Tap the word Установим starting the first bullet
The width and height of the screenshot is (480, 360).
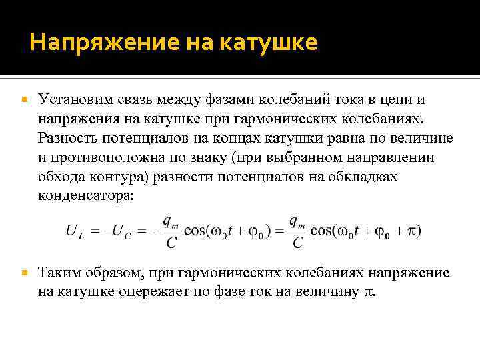tap(71, 99)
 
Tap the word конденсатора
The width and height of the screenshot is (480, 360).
tap(85, 197)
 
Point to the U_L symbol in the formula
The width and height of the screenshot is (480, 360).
tap(74, 231)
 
